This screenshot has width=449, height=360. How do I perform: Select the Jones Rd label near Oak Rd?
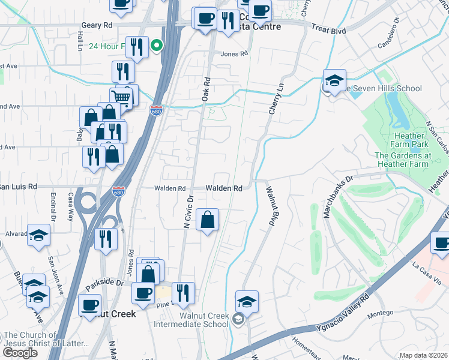tap(234, 53)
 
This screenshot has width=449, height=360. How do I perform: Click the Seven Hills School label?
tap(384, 89)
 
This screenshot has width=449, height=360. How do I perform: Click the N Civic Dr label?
tap(187, 211)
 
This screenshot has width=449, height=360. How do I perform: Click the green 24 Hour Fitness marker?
tap(156, 45)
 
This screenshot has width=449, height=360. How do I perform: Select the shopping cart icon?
tap(121, 97)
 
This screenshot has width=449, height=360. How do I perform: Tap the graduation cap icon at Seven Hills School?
tap(334, 80)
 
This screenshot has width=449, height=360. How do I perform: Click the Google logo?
tap(20, 353)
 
